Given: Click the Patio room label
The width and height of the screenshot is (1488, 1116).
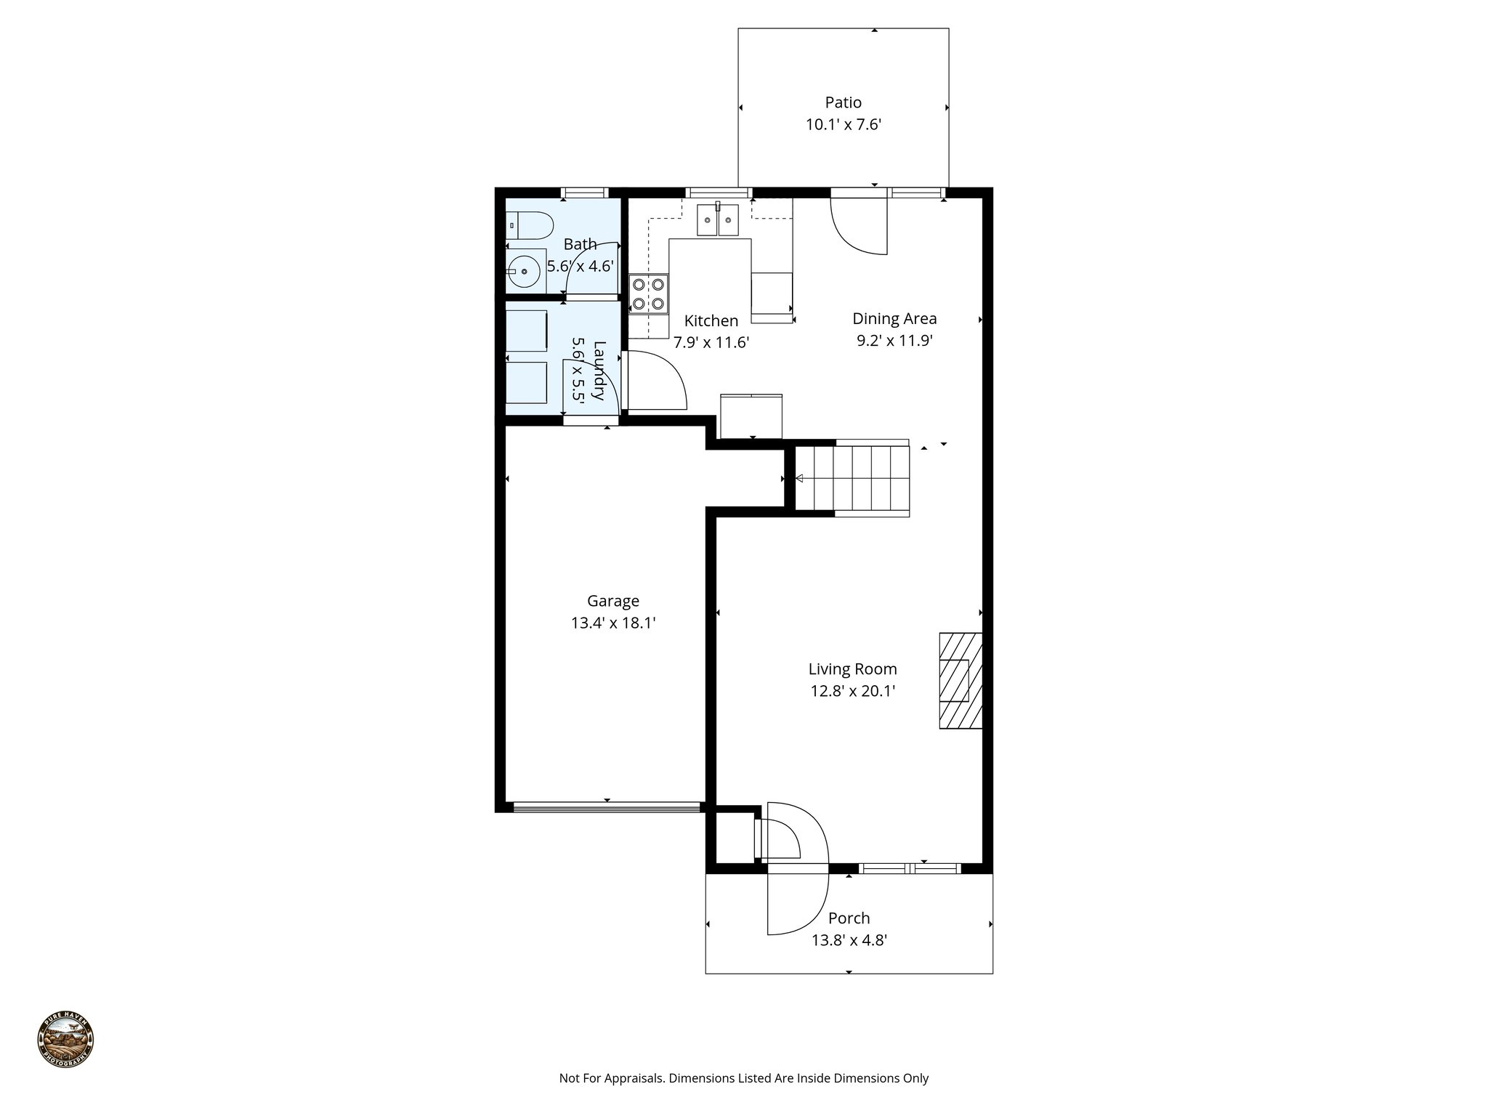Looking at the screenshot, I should [x=843, y=102].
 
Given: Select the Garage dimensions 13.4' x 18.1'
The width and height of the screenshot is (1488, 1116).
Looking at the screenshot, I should [x=613, y=623].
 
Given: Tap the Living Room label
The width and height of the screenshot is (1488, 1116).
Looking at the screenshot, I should [x=852, y=668].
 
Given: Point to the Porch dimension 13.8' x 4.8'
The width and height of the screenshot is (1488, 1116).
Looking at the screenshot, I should [x=849, y=940].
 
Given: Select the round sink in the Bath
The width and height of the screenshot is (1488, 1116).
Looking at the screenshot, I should [x=523, y=273].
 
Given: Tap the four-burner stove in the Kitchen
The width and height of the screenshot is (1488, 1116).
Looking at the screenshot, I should [x=648, y=294].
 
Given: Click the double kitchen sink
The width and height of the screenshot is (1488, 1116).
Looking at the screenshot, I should [x=717, y=220].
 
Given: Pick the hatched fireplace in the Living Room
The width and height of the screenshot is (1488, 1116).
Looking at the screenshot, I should [x=960, y=681].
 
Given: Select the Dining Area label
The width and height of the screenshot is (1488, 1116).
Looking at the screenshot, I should [x=894, y=318].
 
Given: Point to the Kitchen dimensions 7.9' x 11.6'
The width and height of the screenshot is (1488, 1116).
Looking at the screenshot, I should [x=711, y=342].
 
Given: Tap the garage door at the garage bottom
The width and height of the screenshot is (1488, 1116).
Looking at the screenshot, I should [x=607, y=806].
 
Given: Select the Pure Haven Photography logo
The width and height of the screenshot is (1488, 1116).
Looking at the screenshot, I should [x=65, y=1040].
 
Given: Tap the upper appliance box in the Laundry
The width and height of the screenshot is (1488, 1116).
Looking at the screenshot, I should [x=527, y=331].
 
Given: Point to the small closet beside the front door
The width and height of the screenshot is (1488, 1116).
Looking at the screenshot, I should [x=735, y=836].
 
